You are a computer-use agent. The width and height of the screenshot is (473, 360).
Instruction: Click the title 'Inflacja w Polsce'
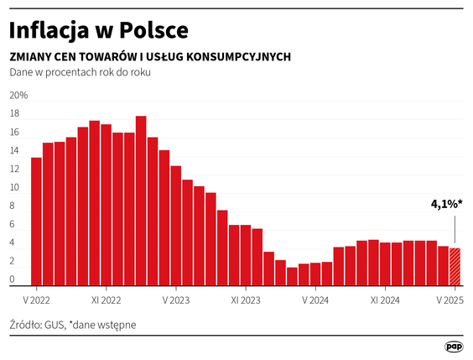[x=98, y=30]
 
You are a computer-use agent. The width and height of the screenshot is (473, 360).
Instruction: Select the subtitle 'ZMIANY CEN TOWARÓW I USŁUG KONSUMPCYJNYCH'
[x=150, y=57]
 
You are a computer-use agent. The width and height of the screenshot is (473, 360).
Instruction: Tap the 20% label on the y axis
[x=18, y=96]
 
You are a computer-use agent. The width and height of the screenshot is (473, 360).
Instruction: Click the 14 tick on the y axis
[x=14, y=151]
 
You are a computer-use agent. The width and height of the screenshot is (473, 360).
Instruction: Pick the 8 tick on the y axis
[x=13, y=206]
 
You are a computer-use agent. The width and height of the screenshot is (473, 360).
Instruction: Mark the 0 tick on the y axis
[x=13, y=279]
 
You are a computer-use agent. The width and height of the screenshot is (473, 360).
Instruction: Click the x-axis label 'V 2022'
[x=37, y=299]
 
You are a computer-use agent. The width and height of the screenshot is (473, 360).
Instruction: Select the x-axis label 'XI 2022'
[x=107, y=299]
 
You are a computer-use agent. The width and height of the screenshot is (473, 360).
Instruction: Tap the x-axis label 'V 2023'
[x=176, y=299]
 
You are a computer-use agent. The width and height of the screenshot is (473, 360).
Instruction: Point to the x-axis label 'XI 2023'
[x=246, y=299]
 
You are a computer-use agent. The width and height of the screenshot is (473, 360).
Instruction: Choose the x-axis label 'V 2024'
[x=315, y=299]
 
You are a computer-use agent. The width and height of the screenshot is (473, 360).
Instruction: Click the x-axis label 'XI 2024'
[x=385, y=299]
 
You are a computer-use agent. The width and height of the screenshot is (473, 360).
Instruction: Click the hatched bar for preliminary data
[x=455, y=267]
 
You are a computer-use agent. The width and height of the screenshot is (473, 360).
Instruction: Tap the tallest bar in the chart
[x=141, y=201]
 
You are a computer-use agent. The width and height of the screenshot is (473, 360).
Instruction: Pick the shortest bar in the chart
[x=292, y=277]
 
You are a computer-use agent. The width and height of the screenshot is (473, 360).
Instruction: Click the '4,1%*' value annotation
[x=447, y=204]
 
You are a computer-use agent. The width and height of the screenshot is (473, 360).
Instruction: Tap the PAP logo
[x=454, y=346]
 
